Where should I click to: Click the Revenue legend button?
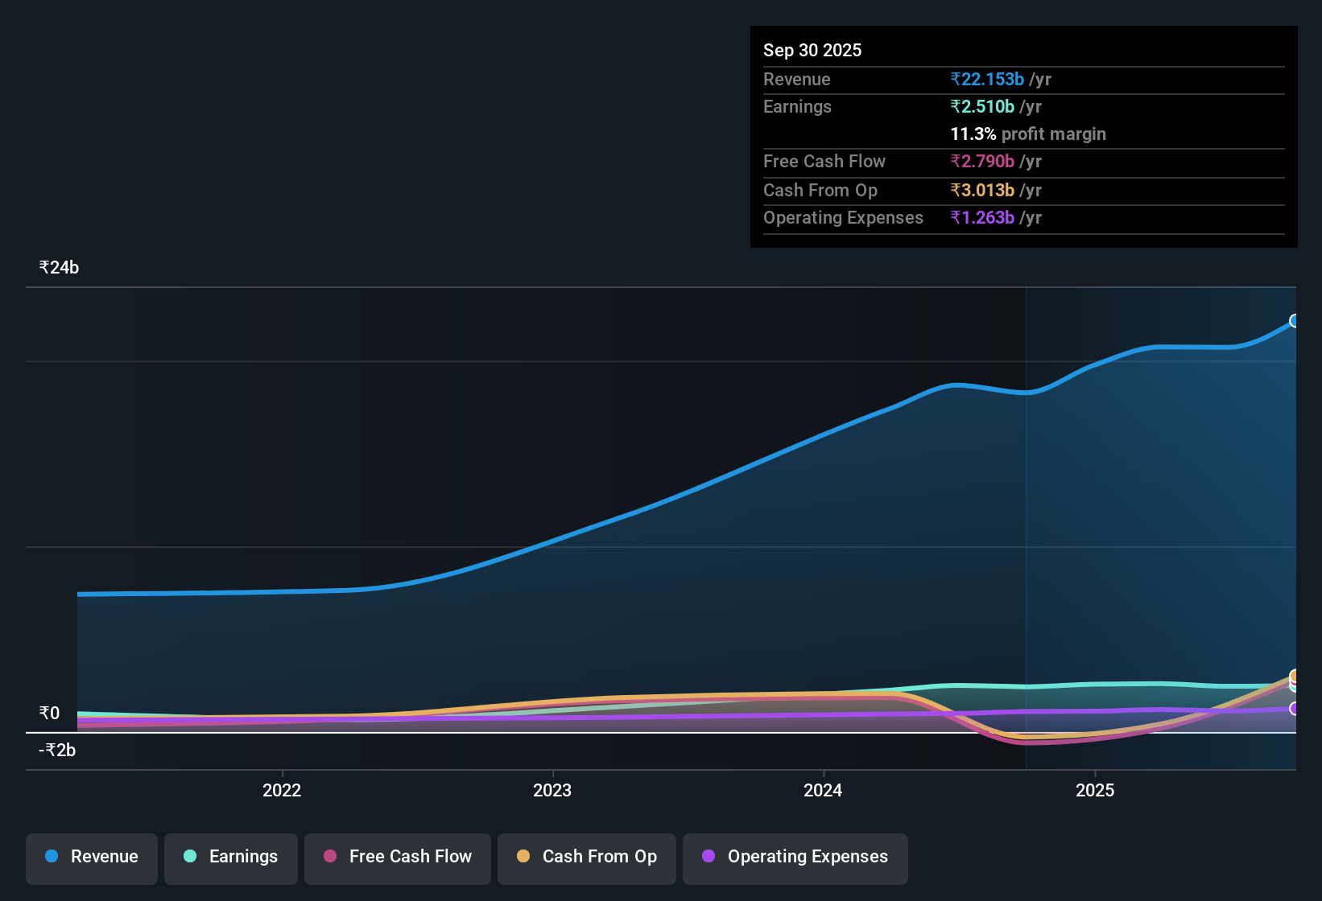(92, 857)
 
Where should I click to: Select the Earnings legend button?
(231, 857)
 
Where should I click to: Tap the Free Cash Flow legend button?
(398, 857)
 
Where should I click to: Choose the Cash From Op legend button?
(587, 857)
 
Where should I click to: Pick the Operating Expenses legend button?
(795, 857)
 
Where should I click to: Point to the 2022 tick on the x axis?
(282, 790)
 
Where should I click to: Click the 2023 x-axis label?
(552, 790)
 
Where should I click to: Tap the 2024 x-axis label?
(823, 790)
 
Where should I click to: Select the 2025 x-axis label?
(1095, 790)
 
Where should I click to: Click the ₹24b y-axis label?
(59, 268)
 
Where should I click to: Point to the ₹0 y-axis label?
(49, 714)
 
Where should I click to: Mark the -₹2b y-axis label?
(57, 751)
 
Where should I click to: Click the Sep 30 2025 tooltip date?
(812, 51)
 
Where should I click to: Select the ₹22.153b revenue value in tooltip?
(987, 80)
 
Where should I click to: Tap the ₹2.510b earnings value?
(982, 107)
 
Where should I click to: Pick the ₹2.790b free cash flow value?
(982, 162)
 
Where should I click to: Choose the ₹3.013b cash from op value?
(982, 191)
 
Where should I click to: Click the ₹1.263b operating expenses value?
(982, 218)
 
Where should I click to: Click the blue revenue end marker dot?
(1294, 321)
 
